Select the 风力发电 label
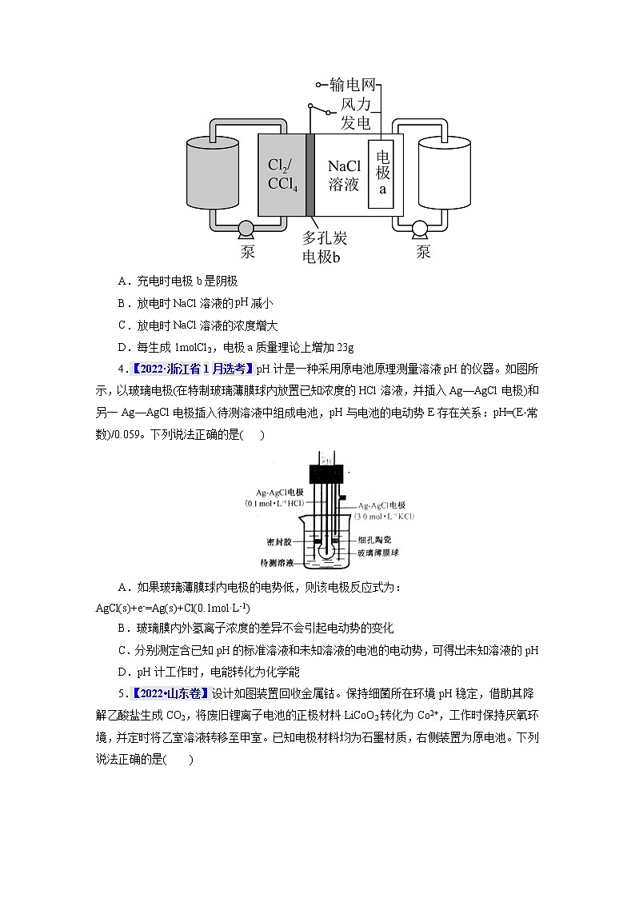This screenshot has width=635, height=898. (x=356, y=114)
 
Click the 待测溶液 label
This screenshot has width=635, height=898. (x=278, y=563)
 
